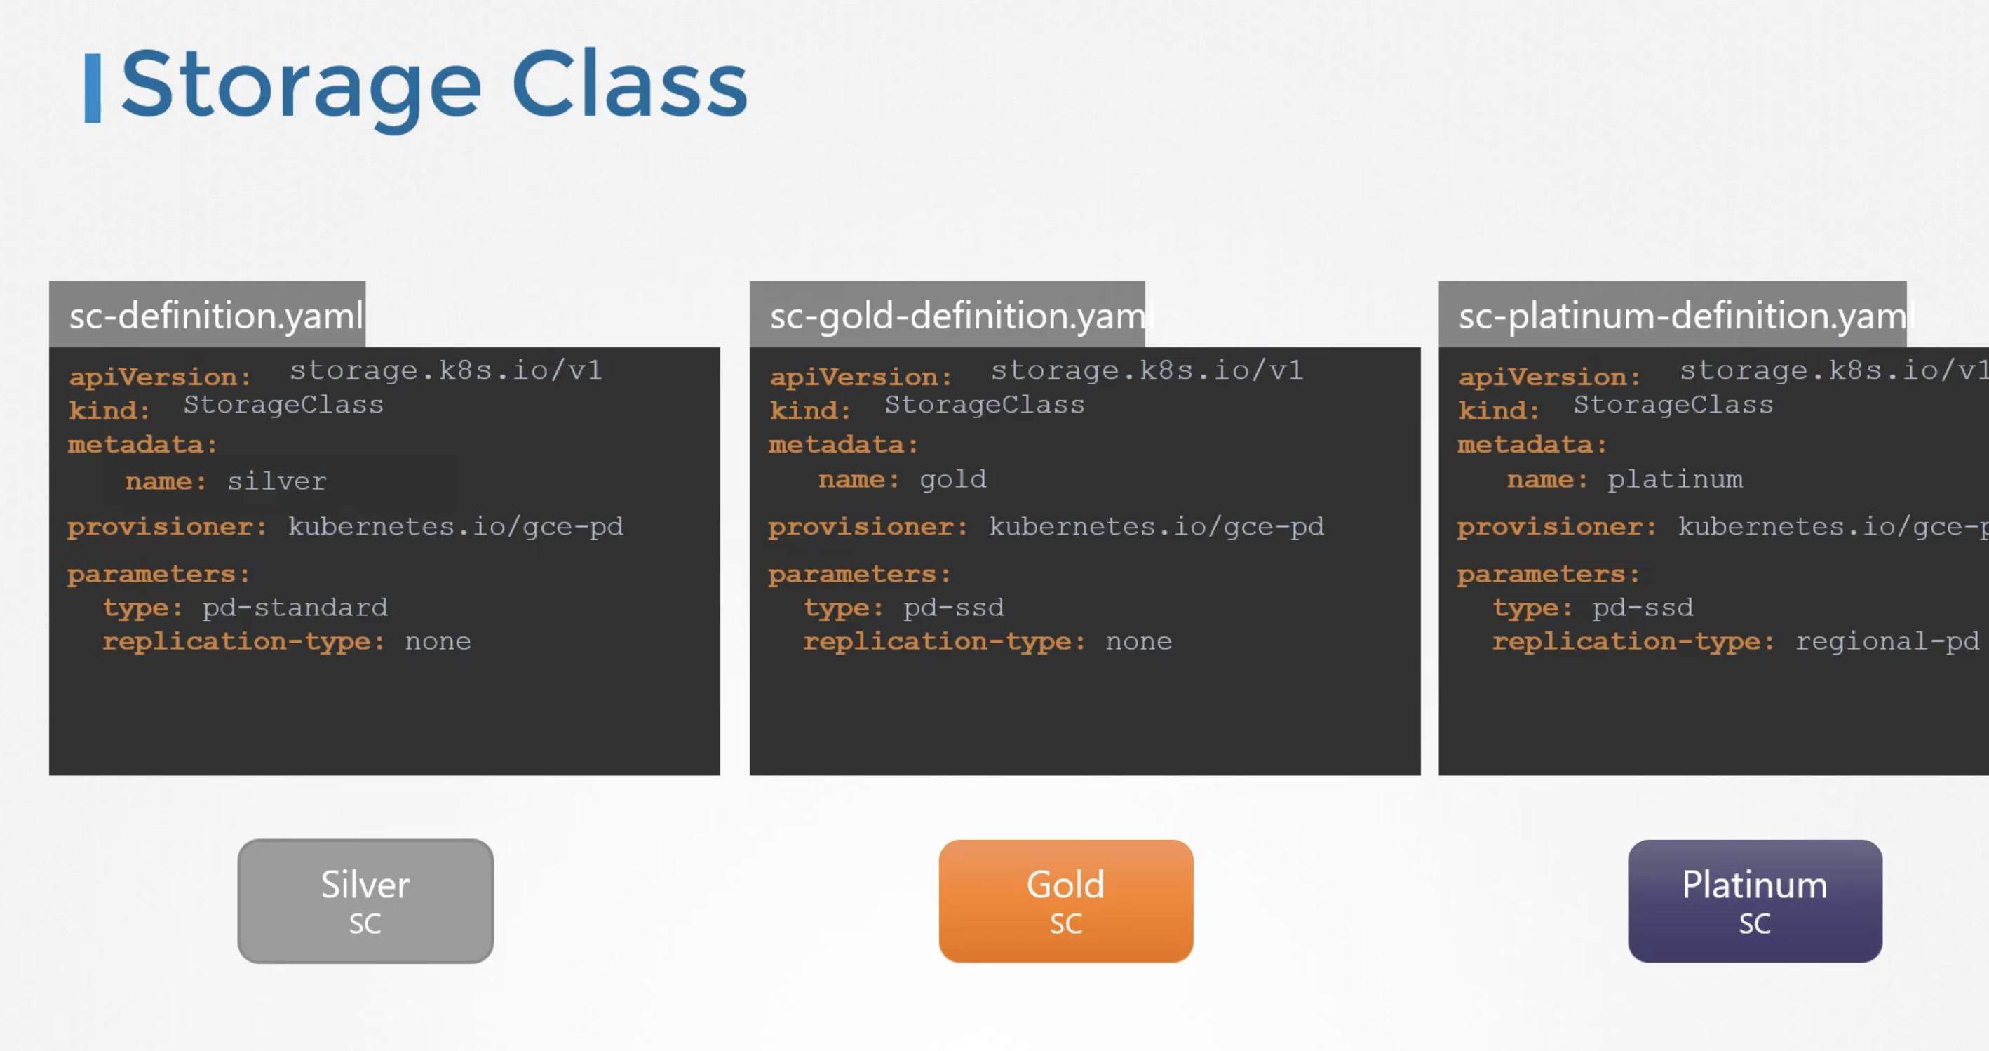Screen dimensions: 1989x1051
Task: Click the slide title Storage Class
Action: tap(434, 86)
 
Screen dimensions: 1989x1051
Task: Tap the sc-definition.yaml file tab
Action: tap(208, 314)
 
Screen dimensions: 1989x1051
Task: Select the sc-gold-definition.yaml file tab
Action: tap(948, 314)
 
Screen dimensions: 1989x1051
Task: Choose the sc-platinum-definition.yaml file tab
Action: tap(1673, 314)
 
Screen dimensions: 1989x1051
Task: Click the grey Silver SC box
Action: tap(365, 901)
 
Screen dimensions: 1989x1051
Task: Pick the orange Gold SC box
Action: tap(1066, 901)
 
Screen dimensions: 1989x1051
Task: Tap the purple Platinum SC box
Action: tap(1755, 901)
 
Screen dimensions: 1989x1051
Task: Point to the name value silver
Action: tap(276, 481)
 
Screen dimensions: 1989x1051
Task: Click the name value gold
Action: tap(953, 481)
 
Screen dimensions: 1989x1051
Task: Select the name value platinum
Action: tap(1675, 480)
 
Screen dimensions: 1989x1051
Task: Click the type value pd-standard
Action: tap(295, 608)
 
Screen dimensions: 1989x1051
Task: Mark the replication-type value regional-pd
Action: tap(1887, 642)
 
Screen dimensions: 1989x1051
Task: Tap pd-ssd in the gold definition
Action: tap(954, 608)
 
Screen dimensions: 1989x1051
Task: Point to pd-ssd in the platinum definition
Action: tap(1643, 608)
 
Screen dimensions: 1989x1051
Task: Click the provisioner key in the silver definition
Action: tap(167, 528)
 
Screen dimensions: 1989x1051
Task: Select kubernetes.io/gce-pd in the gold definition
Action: tap(1157, 528)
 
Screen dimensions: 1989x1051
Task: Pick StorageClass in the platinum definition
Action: tap(1673, 405)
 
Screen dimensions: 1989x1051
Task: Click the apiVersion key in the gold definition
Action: tap(860, 377)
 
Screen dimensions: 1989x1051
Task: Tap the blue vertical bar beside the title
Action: tap(93, 88)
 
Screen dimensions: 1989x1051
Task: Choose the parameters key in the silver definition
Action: tap(159, 575)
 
